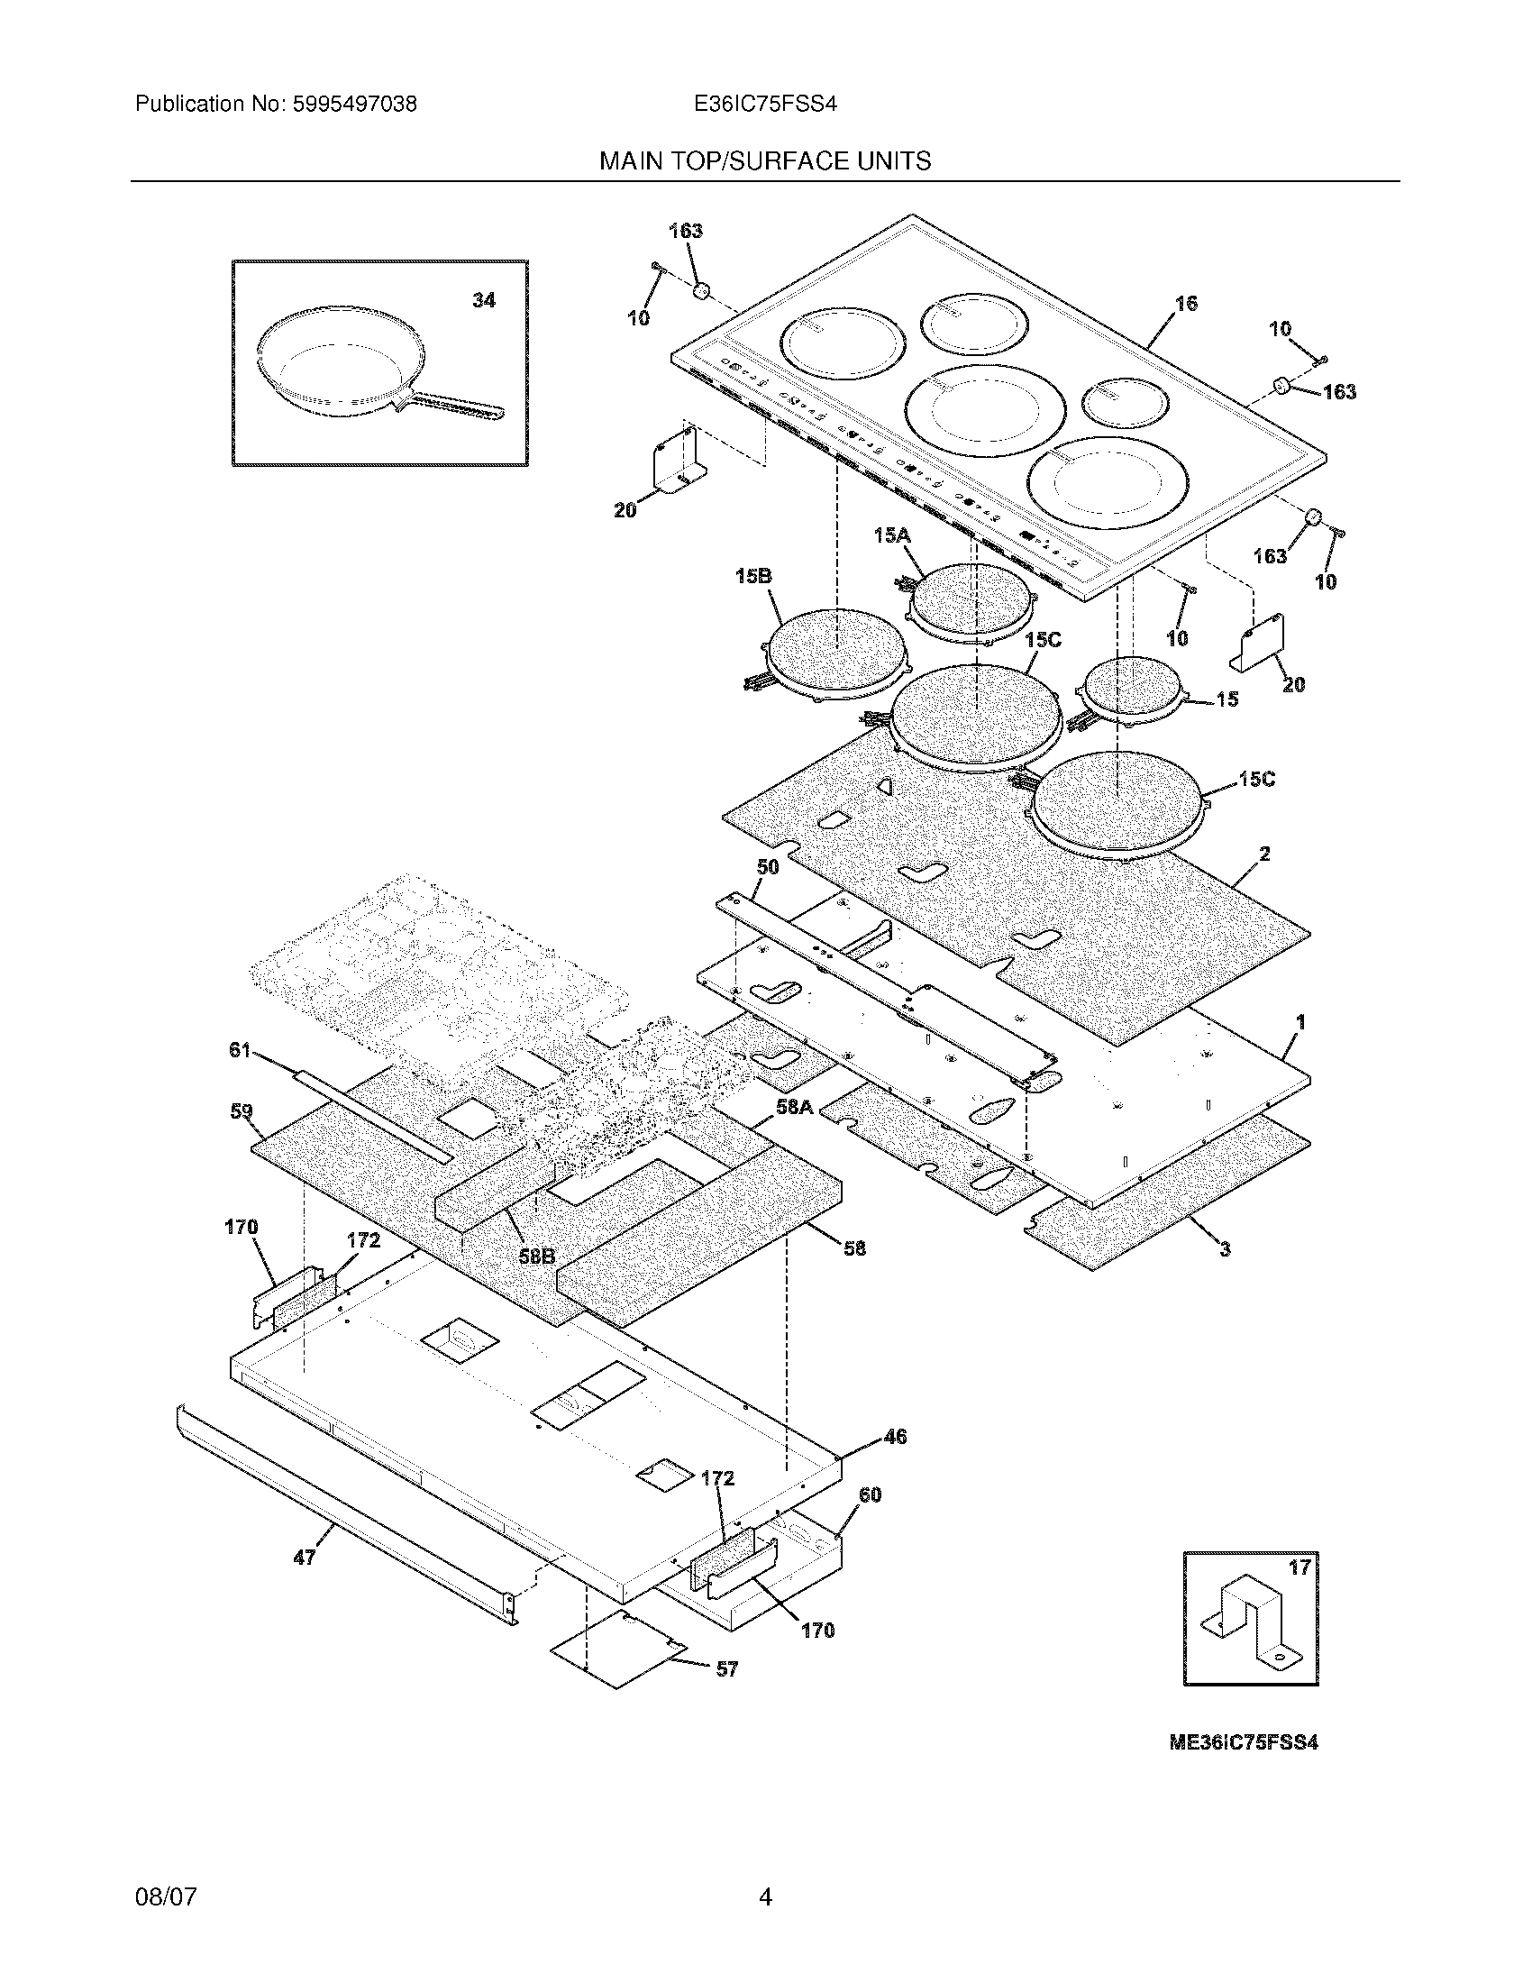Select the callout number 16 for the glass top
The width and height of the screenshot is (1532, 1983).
coord(1186,303)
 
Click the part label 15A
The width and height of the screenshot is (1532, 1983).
coord(891,535)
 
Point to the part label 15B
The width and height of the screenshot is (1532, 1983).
coord(752,576)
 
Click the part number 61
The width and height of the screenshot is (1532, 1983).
coord(239,1050)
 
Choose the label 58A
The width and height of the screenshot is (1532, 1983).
coord(794,1106)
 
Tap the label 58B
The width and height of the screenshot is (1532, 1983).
coord(536,1256)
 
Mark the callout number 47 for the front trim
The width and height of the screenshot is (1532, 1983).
coord(304,1558)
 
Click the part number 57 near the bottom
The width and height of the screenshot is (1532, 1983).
coord(727,1668)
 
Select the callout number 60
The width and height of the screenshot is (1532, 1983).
coord(869,1494)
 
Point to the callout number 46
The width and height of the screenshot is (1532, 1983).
coord(895,1436)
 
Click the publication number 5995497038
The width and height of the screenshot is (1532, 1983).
coord(354,105)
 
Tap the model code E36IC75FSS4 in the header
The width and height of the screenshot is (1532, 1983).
coord(764,105)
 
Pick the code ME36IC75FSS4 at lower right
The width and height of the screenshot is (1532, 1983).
coord(1243,1742)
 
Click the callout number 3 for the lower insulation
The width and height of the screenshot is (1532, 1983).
coord(1225,1249)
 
